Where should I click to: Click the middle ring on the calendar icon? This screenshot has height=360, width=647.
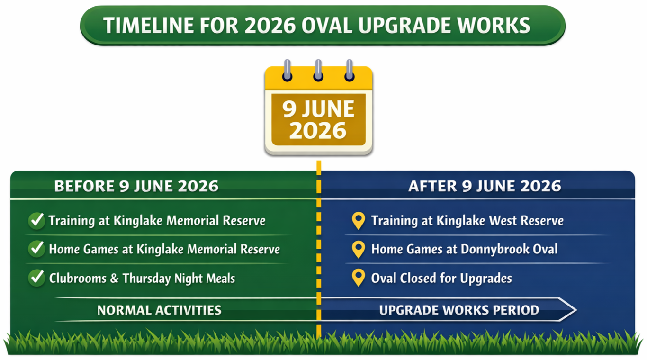tap(318, 70)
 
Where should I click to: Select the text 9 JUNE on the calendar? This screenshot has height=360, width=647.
tap(318, 109)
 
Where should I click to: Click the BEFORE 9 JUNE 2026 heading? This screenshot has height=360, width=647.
tap(136, 186)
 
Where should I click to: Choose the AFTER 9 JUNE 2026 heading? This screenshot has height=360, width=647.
tap(485, 186)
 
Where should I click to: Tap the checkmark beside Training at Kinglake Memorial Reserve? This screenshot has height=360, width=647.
tap(36, 221)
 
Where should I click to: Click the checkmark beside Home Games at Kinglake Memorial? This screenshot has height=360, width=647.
tap(36, 249)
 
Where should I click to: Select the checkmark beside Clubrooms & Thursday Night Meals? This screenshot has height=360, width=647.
tap(36, 278)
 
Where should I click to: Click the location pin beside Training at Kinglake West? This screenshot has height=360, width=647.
tap(359, 221)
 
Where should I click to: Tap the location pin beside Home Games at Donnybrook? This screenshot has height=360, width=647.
tap(359, 249)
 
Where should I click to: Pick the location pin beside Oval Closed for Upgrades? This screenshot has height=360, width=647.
tap(359, 278)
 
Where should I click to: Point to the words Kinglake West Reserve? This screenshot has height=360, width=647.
tap(500, 221)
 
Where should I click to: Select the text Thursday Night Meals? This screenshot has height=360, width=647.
tap(179, 278)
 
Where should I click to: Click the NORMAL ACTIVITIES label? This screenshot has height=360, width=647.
tap(159, 310)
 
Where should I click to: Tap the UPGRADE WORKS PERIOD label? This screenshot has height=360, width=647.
tap(459, 310)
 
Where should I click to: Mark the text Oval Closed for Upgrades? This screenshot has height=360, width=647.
tap(441, 278)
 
